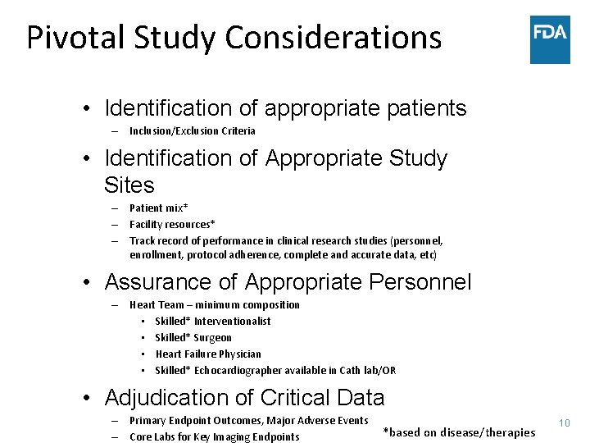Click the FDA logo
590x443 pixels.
pyautogui.click(x=549, y=39)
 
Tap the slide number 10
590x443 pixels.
pyautogui.click(x=564, y=422)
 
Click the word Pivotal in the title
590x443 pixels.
pyautogui.click(x=75, y=38)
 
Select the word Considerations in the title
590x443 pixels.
pyautogui.click(x=333, y=38)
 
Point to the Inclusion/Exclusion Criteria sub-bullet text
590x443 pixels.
pyautogui.click(x=192, y=131)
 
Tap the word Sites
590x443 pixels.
pyautogui.click(x=129, y=185)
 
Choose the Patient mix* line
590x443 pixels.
pyautogui.click(x=158, y=208)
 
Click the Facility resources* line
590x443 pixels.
pyautogui.click(x=172, y=225)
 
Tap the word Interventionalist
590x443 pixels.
pyautogui.click(x=232, y=322)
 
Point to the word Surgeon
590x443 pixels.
pyautogui.click(x=212, y=338)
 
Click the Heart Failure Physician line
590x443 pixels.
pyautogui.click(x=208, y=354)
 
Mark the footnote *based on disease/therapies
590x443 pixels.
pyautogui.click(x=459, y=432)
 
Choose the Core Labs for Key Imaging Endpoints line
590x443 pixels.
pyautogui.click(x=214, y=437)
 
